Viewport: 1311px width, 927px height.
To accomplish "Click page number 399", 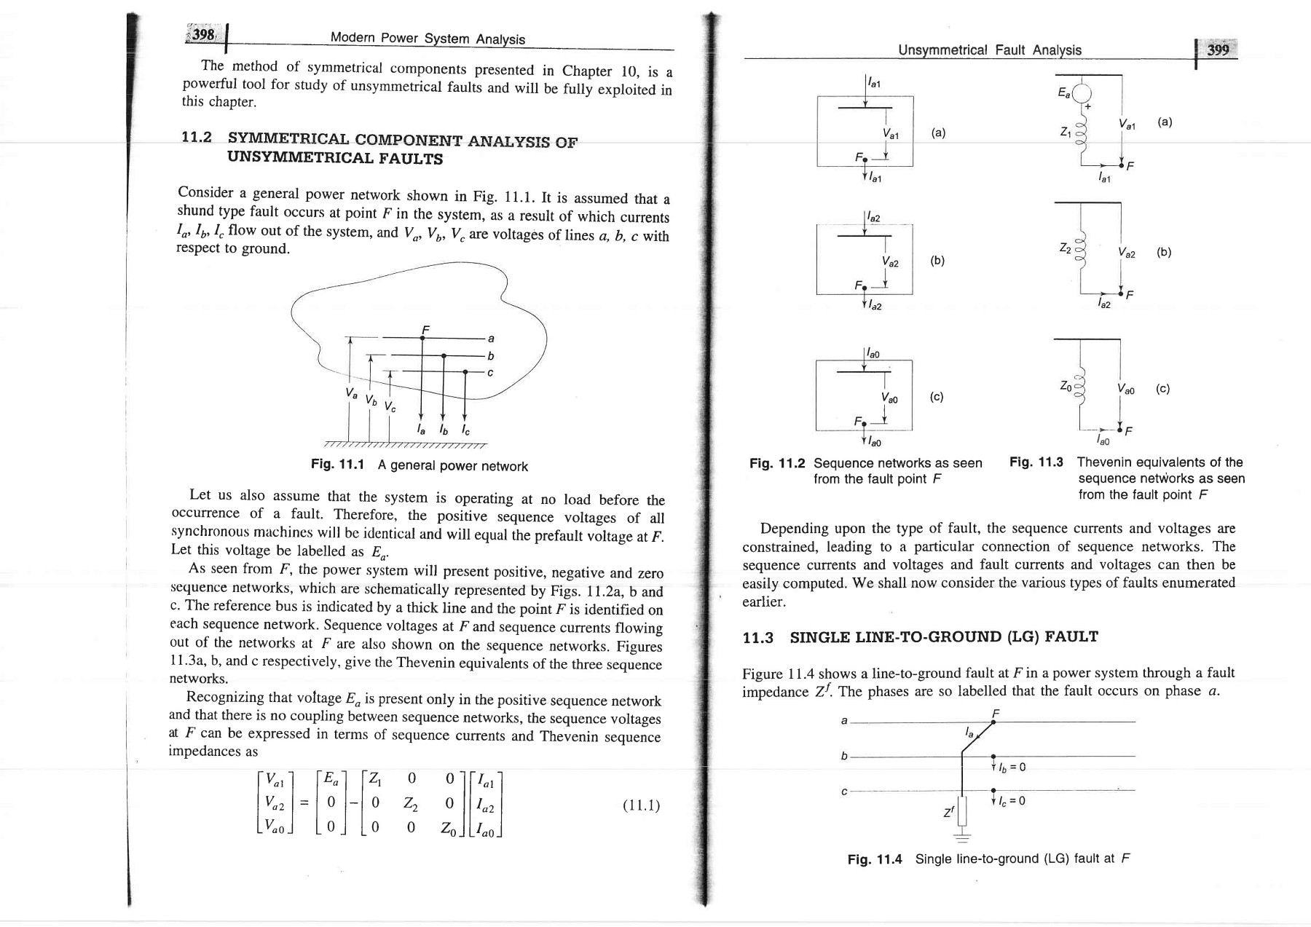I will pyautogui.click(x=1218, y=50).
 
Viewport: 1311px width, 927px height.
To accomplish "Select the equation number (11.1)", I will pyautogui.click(x=641, y=805).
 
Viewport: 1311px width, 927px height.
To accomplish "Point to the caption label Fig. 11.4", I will pyautogui.click(x=875, y=859).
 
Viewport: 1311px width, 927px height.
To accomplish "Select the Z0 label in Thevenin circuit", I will pyautogui.click(x=1066, y=386).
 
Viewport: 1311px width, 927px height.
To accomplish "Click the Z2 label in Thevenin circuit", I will pyautogui.click(x=1066, y=248).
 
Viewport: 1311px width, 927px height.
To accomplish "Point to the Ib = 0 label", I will pyautogui.click(x=1012, y=767).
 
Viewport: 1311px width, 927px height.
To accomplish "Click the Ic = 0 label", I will pyautogui.click(x=1012, y=801).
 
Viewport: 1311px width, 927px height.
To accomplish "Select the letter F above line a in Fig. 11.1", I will pyautogui.click(x=425, y=330).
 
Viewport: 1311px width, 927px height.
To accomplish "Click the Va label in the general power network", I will pyautogui.click(x=353, y=394).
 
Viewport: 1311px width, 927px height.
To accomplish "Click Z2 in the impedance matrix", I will pyautogui.click(x=410, y=804).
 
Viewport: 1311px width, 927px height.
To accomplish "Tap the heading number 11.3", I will pyautogui.click(x=757, y=638).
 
